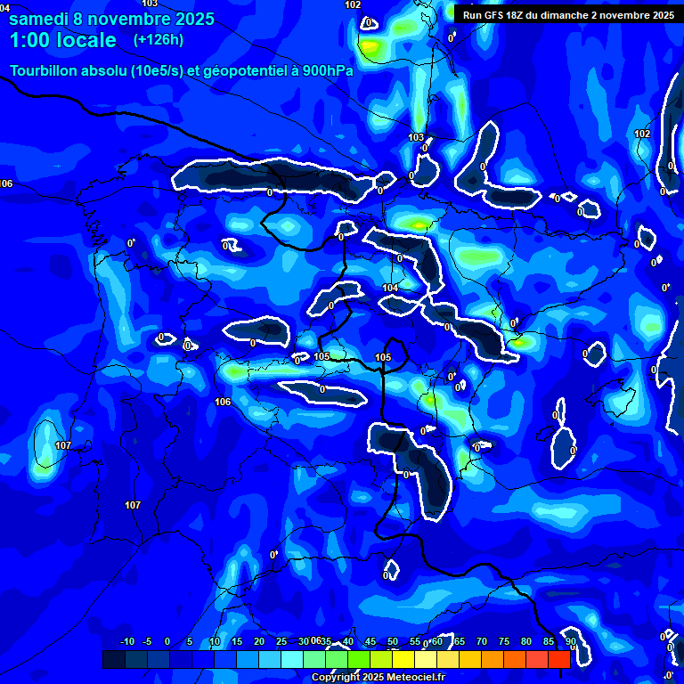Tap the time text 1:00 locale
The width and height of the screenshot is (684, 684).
tap(63, 40)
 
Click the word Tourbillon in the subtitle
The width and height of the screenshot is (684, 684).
tap(41, 71)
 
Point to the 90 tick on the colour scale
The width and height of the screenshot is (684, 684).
tap(571, 642)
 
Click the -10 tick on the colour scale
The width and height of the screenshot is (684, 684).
tap(126, 642)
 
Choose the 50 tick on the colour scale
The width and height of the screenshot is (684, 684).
tap(393, 642)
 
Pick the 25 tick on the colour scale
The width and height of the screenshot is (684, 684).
tap(281, 642)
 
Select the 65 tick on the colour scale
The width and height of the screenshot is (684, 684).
tap(460, 642)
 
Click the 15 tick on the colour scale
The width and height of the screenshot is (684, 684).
tap(237, 642)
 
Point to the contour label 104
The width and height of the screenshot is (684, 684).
tap(390, 288)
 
